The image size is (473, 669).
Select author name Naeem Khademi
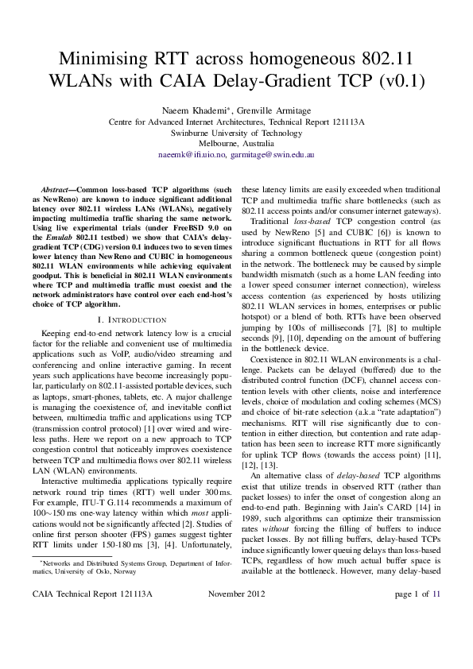pyautogui.click(x=191, y=110)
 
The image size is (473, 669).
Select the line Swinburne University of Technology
pyautogui.click(x=236, y=132)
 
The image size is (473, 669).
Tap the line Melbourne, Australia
pyautogui.click(x=236, y=143)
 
